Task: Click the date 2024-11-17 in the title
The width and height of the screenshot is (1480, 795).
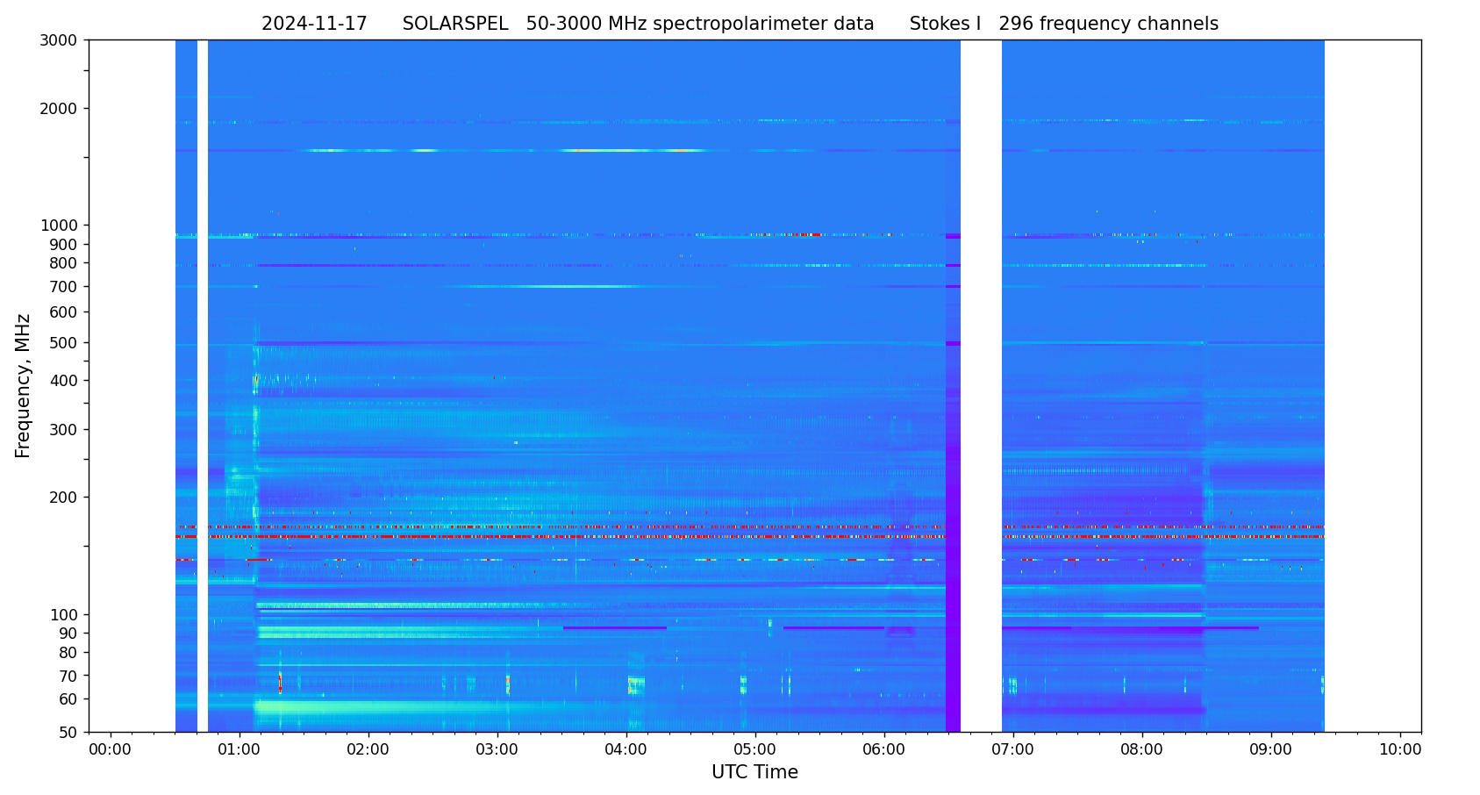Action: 314,25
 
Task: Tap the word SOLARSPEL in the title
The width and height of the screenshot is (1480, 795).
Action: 455,25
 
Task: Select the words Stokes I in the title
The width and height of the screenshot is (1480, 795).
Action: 945,25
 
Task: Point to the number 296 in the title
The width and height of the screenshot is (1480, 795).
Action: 1016,25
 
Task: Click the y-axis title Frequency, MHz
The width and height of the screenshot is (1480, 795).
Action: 24,385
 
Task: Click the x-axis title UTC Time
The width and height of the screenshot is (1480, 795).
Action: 754,772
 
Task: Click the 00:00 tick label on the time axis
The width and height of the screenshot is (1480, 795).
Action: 110,750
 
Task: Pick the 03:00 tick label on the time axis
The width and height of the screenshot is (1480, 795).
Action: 497,750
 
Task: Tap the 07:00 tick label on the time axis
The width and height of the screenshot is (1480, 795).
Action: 1013,750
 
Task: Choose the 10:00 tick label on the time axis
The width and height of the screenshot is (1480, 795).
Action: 1400,750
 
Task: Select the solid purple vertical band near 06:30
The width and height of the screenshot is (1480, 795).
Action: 953,526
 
